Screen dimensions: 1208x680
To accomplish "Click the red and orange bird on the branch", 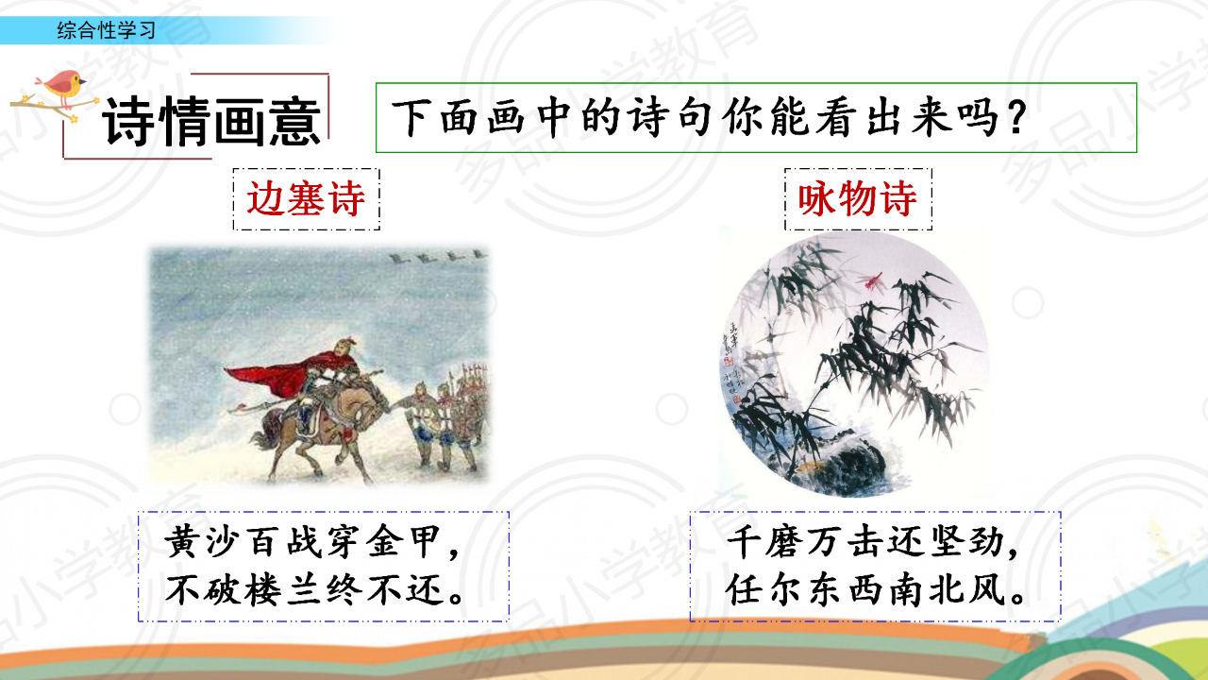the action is [x=62, y=86].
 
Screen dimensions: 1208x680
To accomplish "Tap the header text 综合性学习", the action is [x=107, y=30].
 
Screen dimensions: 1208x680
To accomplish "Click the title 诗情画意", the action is [x=212, y=121].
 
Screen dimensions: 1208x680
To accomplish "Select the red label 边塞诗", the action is [x=306, y=198].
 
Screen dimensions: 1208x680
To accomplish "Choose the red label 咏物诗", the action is [x=858, y=198].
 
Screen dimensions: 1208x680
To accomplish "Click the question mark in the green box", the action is [x=1016, y=118].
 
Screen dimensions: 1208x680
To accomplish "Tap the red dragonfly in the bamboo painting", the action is [x=870, y=281].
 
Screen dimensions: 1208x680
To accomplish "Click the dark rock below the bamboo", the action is [x=852, y=464].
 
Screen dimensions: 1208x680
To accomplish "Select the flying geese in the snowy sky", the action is [x=437, y=256].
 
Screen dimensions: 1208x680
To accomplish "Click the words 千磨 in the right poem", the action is [x=764, y=541].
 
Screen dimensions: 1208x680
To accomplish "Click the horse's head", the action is [x=377, y=399].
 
